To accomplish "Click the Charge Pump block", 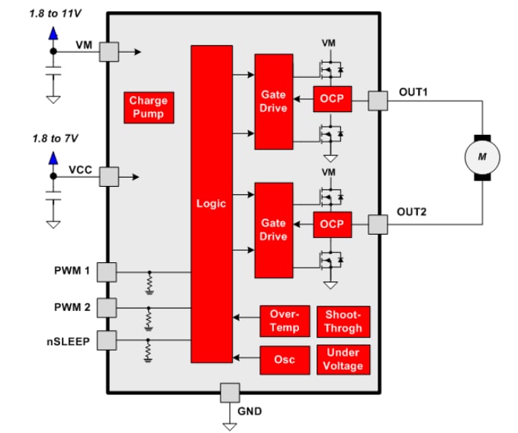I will [x=148, y=107].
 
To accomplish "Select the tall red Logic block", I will [x=211, y=204].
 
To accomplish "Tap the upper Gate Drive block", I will [x=273, y=101].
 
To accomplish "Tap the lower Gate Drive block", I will [x=273, y=229].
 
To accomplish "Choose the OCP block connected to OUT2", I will [x=332, y=225].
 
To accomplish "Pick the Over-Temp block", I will [x=284, y=321].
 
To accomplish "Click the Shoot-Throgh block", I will [x=343, y=321].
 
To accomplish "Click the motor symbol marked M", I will [x=481, y=157].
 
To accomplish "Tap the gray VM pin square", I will [x=109, y=52].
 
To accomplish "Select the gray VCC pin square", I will [x=109, y=177].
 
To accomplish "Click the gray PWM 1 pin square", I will [x=108, y=271].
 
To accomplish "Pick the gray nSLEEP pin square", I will [x=108, y=340].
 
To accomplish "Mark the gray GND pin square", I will [x=230, y=393].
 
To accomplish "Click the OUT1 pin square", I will [x=378, y=101].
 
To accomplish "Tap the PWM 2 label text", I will [x=72, y=306].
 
